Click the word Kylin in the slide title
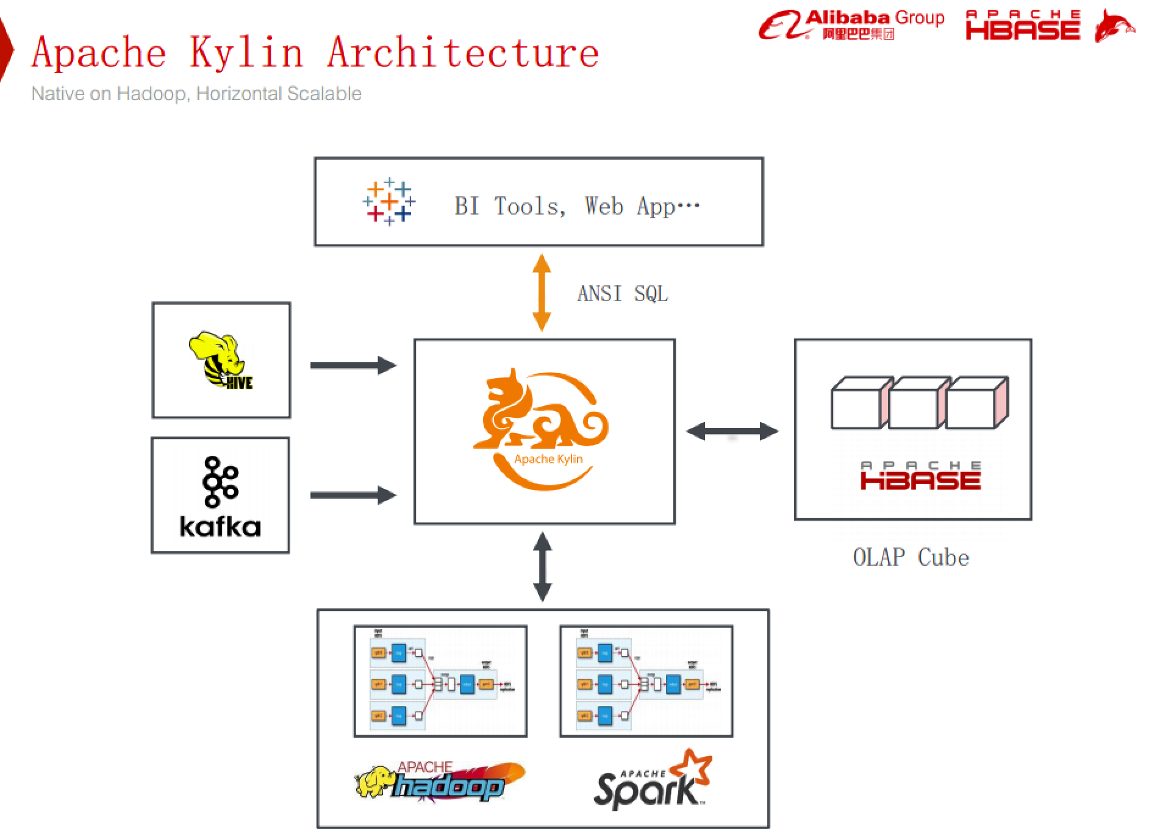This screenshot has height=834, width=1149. (246, 52)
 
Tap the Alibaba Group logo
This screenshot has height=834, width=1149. (851, 24)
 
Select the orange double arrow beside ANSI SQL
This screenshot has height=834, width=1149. (542, 293)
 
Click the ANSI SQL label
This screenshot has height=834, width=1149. (623, 294)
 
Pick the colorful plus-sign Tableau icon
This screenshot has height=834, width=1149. (388, 201)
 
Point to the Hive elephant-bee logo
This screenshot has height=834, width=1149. (220, 360)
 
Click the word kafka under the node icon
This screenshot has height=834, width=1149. (220, 527)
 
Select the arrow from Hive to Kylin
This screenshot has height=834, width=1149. (353, 365)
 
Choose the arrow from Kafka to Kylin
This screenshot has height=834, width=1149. (353, 494)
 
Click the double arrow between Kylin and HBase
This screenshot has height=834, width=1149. (732, 431)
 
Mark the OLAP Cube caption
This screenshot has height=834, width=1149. (911, 557)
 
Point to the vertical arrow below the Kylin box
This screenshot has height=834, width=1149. (542, 567)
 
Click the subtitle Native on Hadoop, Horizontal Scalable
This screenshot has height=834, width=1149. (196, 94)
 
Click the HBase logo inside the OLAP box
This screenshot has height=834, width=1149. (920, 476)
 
